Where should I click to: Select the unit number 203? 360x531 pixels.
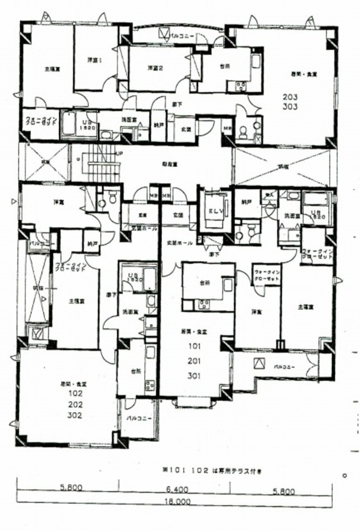click(290, 97)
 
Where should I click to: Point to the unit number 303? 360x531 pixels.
click(290, 107)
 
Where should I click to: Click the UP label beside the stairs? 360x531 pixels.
click(118, 153)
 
